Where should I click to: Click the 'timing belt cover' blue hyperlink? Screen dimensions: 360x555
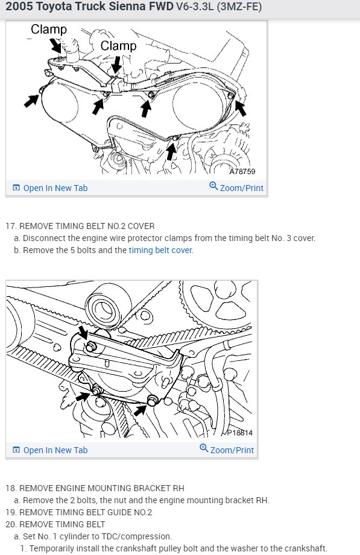(x=160, y=250)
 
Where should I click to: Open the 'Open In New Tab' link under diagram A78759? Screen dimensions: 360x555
(x=55, y=188)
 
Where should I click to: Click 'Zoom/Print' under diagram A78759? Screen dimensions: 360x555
(x=242, y=188)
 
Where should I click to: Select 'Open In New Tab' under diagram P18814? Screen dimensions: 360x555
(x=55, y=450)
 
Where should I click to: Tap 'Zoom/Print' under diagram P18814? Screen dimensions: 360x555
(x=232, y=450)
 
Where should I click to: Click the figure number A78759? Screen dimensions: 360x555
(x=242, y=172)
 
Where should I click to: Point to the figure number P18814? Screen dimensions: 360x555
(x=240, y=433)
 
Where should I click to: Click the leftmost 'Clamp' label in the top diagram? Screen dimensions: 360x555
(x=49, y=30)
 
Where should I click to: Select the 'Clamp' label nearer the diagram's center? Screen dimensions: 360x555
(x=118, y=46)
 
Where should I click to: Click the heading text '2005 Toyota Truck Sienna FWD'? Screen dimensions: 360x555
(x=90, y=7)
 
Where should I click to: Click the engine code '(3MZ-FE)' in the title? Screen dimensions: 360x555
(x=239, y=7)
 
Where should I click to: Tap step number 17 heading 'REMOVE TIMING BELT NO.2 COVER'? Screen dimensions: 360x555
(x=87, y=226)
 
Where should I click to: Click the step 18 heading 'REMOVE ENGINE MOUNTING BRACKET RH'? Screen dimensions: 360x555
(x=102, y=489)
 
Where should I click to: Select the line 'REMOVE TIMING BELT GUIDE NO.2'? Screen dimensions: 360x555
(x=86, y=513)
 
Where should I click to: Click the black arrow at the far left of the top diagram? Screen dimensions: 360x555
(x=31, y=101)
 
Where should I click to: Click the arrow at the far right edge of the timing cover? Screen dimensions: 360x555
(x=241, y=108)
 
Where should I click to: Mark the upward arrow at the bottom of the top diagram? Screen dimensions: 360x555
(x=171, y=151)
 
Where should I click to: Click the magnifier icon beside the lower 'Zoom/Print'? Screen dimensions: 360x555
(x=204, y=448)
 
